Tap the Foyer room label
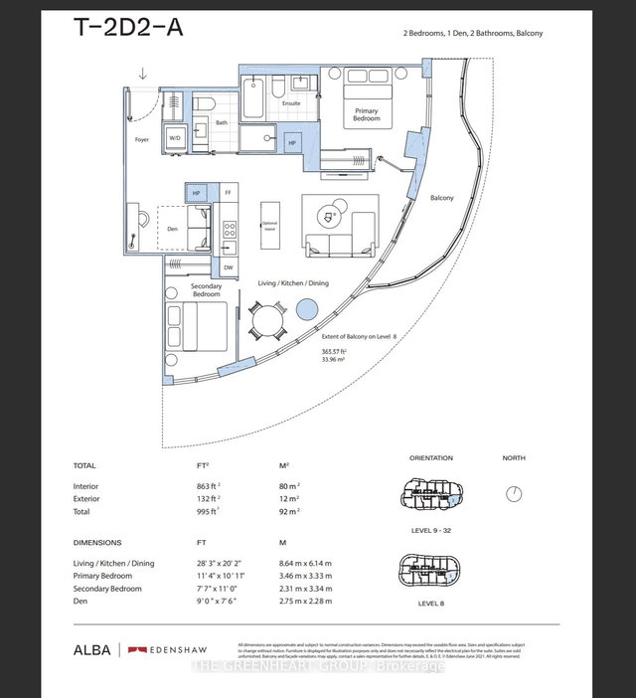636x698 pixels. [x=142, y=140]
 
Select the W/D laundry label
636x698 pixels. [x=174, y=138]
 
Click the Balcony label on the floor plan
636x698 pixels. [x=442, y=198]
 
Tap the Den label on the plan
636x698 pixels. [x=171, y=228]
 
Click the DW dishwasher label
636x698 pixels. [x=228, y=266]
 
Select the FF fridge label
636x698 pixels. [x=228, y=191]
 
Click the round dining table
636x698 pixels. [x=266, y=321]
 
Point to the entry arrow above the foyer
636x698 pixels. [x=143, y=73]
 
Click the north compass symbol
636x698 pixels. [x=514, y=493]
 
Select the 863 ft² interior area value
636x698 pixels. [x=205, y=486]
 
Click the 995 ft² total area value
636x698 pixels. [x=205, y=511]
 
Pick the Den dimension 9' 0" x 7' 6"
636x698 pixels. [x=219, y=601]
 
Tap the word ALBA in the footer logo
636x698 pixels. [x=90, y=650]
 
